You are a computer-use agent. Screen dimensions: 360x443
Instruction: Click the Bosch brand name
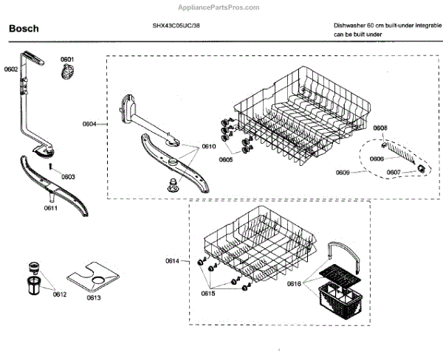coord(23,29)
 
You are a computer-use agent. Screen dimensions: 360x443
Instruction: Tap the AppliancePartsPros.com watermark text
coord(221,7)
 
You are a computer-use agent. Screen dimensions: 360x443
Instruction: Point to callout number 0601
coord(67,59)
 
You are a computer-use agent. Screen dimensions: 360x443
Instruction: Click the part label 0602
coord(10,69)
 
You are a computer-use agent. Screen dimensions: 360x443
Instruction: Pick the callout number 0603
coord(68,177)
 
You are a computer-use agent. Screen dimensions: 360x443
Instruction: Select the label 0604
coord(89,125)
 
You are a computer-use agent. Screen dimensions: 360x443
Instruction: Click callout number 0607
coord(394,173)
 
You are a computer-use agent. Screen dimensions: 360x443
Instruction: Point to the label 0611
coord(50,209)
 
